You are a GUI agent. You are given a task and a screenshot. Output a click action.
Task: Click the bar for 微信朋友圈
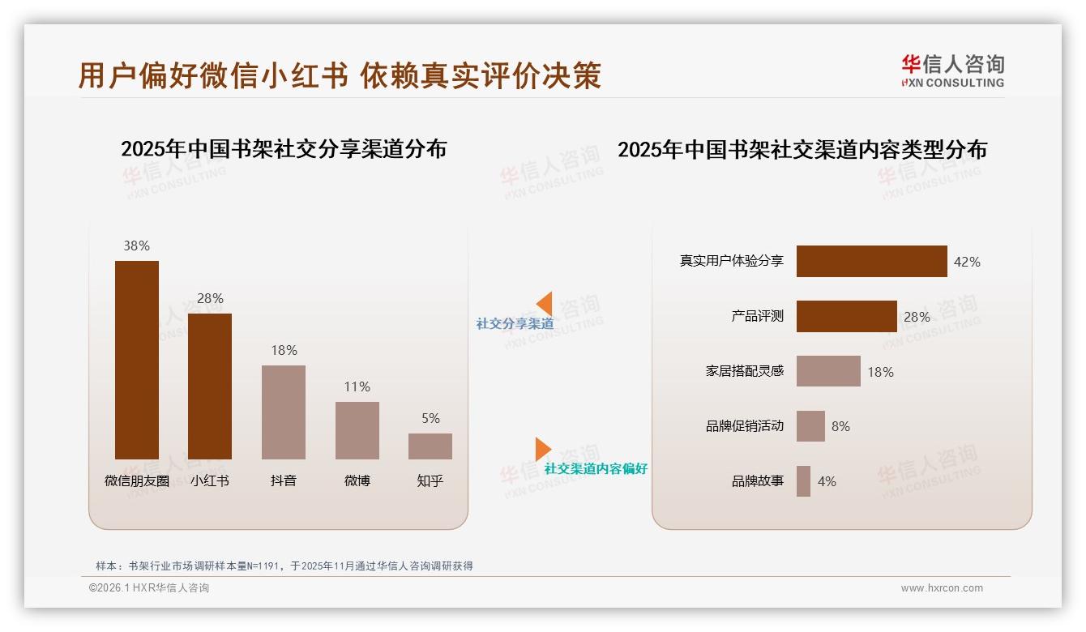[x=136, y=360]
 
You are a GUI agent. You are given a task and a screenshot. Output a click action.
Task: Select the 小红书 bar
[x=210, y=386]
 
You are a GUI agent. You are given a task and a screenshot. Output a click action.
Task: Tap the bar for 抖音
[x=284, y=412]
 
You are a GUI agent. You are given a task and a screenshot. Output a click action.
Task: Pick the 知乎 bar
[x=430, y=446]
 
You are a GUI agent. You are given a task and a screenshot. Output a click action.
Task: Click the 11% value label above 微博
[x=357, y=387]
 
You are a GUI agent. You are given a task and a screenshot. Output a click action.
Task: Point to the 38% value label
[x=136, y=246]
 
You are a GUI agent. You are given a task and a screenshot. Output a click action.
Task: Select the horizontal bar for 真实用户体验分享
[x=871, y=262]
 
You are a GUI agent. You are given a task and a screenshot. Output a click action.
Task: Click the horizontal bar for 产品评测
[x=846, y=317]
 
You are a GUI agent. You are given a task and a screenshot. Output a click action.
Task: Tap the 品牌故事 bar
[x=803, y=481]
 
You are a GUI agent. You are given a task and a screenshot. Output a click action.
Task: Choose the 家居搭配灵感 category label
[x=744, y=371]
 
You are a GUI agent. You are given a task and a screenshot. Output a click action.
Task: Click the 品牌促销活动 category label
[x=744, y=426]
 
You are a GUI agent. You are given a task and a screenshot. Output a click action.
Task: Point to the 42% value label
[x=967, y=262]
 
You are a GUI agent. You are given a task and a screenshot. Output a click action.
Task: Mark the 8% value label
[x=840, y=426]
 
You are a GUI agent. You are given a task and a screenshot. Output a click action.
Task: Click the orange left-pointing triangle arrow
[x=545, y=304]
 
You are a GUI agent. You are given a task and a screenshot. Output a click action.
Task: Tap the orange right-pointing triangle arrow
[x=542, y=449]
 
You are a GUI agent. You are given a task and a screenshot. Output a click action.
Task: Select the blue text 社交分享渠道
[x=515, y=324]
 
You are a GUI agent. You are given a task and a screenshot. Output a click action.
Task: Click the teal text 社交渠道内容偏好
[x=596, y=469]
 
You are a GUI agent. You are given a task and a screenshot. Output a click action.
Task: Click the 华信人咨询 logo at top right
[x=952, y=70]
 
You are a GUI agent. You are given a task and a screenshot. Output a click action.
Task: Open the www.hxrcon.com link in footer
[x=942, y=588]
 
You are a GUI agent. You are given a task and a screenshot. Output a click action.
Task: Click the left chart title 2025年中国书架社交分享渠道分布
[x=284, y=149]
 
